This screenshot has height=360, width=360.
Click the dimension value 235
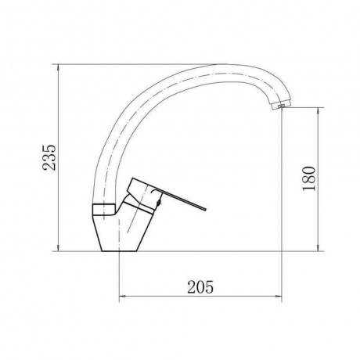(x=49, y=157)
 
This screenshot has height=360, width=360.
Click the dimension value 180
(x=309, y=178)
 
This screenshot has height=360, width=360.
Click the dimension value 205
(x=200, y=287)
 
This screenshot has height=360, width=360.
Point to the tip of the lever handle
(x=205, y=209)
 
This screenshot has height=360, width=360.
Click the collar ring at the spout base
(x=103, y=209)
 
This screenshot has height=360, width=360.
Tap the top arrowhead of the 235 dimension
(x=58, y=67)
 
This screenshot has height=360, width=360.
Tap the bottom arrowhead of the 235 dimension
(x=58, y=248)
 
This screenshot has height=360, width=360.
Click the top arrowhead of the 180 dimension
(x=318, y=110)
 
